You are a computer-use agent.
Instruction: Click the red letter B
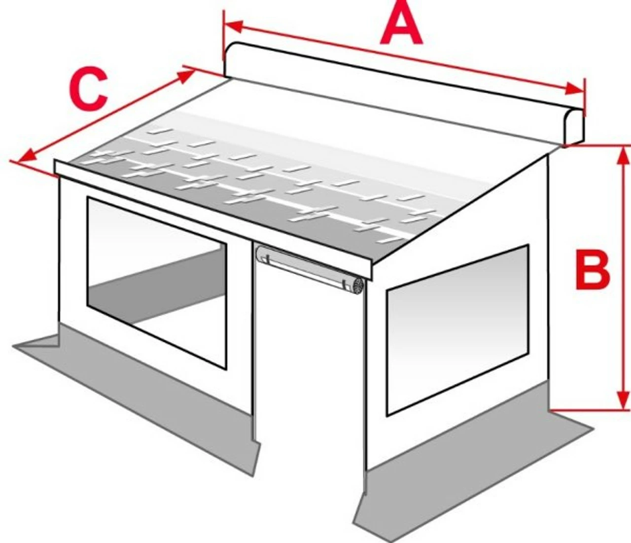pos(593,269)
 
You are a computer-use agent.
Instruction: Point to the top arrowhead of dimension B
pos(623,155)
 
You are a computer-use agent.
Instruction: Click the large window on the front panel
pos(157,281)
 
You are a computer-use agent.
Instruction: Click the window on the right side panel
pos(457,327)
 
